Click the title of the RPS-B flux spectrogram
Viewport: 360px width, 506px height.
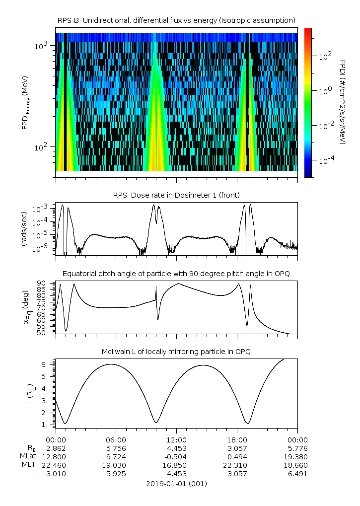pyautogui.click(x=176, y=20)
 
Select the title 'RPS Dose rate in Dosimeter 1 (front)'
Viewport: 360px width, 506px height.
pyautogui.click(x=176, y=194)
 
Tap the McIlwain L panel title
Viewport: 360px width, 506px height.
pyautogui.click(x=176, y=352)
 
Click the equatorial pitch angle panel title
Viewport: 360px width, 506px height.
pyautogui.click(x=176, y=274)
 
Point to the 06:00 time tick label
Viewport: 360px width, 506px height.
pyautogui.click(x=116, y=439)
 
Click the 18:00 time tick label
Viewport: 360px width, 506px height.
pyautogui.click(x=237, y=439)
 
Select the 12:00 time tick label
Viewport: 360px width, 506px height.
pyautogui.click(x=176, y=439)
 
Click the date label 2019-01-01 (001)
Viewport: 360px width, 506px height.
pyautogui.click(x=176, y=484)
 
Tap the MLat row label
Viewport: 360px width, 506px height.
pyautogui.click(x=29, y=456)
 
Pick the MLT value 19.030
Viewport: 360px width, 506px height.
pyautogui.click(x=116, y=465)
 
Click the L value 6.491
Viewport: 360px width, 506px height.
pyautogui.click(x=297, y=474)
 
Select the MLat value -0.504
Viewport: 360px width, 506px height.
pyautogui.click(x=176, y=456)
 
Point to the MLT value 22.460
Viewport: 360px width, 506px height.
pyautogui.click(x=56, y=465)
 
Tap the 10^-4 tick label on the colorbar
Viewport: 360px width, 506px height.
pyautogui.click(x=326, y=161)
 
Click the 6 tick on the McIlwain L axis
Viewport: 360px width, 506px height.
pyautogui.click(x=44, y=364)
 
